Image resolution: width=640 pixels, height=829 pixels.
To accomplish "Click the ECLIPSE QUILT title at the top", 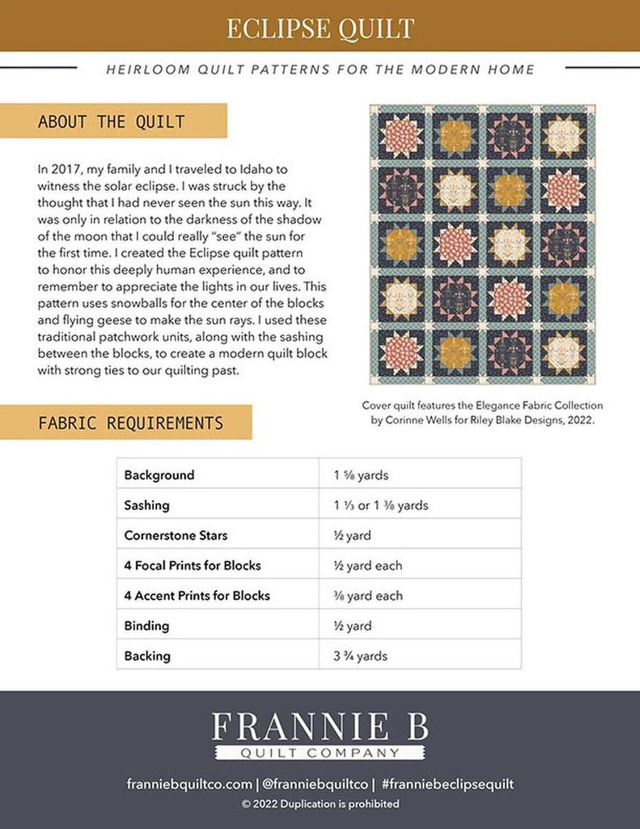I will [x=320, y=28].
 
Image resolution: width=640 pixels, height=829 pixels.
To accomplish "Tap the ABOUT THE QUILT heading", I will [x=111, y=122].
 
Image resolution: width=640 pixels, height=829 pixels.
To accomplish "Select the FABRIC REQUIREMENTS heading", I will [x=130, y=423].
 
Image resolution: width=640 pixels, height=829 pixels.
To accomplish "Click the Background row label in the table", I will [x=159, y=475].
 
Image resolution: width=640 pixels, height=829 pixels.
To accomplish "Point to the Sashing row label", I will [x=147, y=505].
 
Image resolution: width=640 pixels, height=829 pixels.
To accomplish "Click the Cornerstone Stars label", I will [x=176, y=535].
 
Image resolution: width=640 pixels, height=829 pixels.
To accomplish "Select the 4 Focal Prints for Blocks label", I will [x=193, y=565].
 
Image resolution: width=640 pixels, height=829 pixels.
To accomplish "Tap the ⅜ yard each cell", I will [x=367, y=596].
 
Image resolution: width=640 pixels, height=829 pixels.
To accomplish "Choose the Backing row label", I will [x=147, y=656].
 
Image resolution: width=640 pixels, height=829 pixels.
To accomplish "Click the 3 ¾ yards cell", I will [x=360, y=656].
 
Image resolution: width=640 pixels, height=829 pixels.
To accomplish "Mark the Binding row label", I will [x=147, y=626].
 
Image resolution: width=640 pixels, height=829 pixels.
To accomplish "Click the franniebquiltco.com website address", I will [x=189, y=784].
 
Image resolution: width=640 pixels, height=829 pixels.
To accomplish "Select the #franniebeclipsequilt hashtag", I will [x=447, y=784].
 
